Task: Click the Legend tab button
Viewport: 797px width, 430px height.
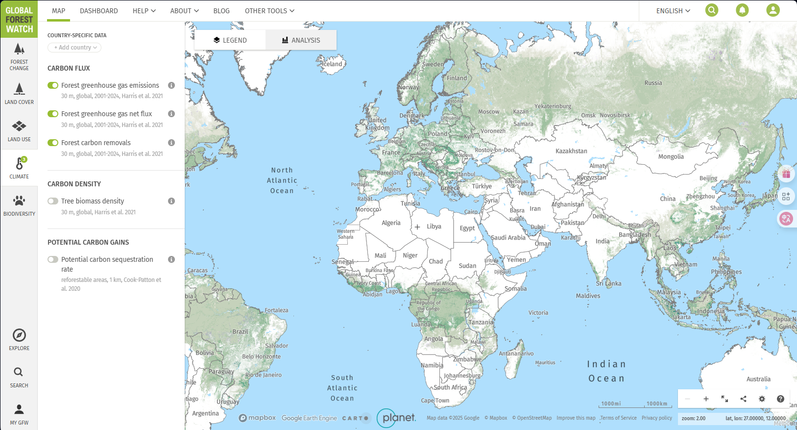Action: coord(230,40)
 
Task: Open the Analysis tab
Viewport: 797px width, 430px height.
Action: coord(301,40)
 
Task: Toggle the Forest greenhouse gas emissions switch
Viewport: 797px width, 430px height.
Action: coord(53,85)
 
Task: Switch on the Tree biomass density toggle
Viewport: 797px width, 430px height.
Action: coord(53,201)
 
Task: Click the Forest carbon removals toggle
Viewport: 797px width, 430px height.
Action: coord(53,143)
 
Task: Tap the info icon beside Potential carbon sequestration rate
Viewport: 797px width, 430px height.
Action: coord(171,259)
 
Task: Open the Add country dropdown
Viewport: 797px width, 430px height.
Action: coord(74,48)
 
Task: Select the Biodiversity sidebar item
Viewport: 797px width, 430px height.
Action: coord(19,205)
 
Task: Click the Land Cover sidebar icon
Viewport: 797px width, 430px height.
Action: coord(19,93)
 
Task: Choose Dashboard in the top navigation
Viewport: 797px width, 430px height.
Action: coord(99,11)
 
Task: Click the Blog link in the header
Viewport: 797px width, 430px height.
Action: coord(221,11)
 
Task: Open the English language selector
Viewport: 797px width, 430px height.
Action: coord(673,11)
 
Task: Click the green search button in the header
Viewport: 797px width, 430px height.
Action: coord(712,10)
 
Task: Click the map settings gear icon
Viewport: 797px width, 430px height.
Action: coord(762,399)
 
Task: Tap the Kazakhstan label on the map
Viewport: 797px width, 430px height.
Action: coord(571,151)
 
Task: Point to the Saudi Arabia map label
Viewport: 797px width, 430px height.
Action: coord(508,238)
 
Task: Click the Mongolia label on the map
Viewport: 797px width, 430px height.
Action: coord(671,157)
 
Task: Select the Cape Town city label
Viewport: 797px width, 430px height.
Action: coord(435,401)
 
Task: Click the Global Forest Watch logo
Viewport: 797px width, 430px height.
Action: coord(19,19)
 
